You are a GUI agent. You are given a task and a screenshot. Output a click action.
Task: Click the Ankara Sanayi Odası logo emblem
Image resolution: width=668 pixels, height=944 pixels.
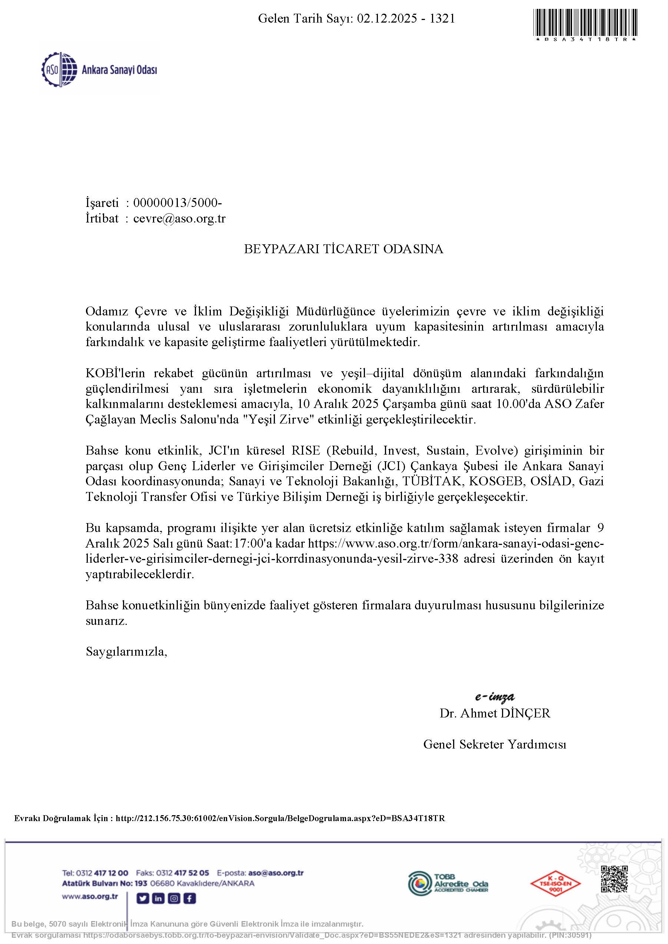[60, 70]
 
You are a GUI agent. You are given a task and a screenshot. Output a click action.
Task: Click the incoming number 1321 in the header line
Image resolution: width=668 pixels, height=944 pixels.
[442, 19]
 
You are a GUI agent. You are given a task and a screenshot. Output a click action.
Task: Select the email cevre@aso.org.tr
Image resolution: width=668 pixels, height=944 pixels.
[179, 218]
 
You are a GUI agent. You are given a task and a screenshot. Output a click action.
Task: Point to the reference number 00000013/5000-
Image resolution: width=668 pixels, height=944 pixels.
[177, 203]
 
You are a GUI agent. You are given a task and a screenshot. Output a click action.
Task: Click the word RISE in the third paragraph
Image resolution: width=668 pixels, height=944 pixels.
[306, 450]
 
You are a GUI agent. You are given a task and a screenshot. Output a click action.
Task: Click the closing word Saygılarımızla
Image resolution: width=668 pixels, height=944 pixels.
[126, 652]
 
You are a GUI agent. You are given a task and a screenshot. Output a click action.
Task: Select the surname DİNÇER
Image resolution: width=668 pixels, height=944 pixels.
[524, 713]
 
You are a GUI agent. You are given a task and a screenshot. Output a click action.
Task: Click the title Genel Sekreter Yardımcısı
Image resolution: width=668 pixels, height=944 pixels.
[495, 744]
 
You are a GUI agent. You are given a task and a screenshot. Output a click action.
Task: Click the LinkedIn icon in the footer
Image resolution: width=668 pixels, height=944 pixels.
[158, 899]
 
